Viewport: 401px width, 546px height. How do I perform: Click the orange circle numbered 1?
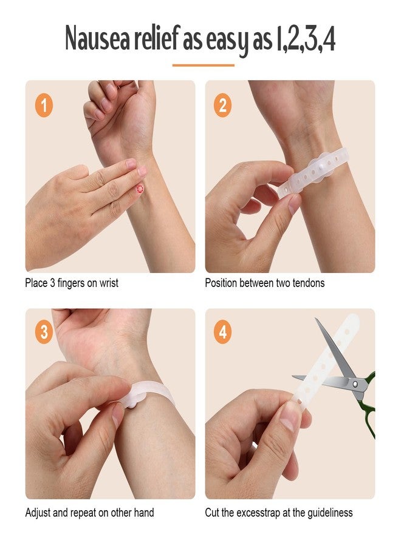pos(44,105)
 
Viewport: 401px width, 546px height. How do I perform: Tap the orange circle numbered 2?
pos(222,105)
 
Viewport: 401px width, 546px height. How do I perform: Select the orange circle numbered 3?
pos(44,332)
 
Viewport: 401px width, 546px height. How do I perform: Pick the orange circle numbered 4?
pos(222,332)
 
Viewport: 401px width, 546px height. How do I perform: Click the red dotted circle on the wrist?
pos(140,189)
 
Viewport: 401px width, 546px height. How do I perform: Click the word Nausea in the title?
pos(97,38)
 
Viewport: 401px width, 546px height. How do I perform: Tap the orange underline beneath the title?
pos(204,65)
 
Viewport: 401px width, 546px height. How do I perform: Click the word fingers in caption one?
pos(70,283)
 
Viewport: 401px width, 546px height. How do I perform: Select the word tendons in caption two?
pos(308,283)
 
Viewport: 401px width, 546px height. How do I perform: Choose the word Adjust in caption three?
pos(38,513)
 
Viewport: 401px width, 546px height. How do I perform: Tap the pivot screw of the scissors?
pos(355,384)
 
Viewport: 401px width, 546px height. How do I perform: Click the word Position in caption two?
pos(221,283)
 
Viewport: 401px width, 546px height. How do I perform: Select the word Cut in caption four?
pos(212,513)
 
